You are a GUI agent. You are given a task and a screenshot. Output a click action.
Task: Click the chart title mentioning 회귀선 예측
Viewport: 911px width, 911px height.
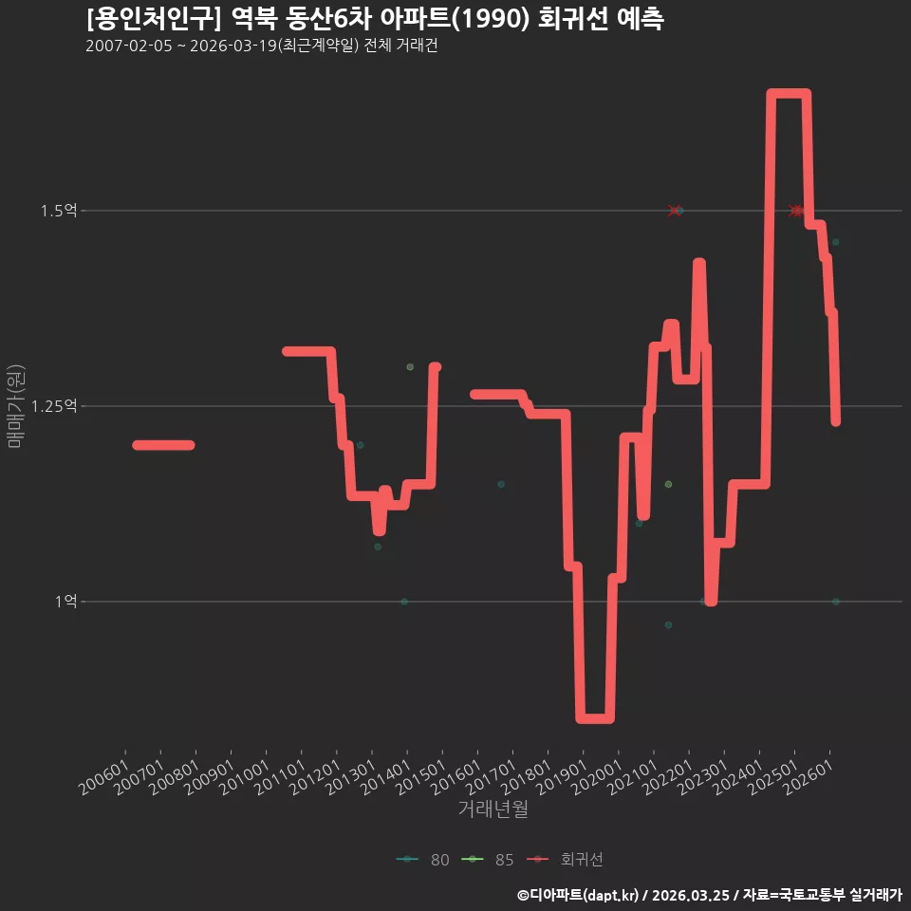(x=376, y=19)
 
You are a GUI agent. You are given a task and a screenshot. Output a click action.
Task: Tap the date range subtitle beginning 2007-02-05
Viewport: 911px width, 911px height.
(x=262, y=46)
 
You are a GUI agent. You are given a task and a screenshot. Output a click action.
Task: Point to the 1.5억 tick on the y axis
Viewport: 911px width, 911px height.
(x=59, y=211)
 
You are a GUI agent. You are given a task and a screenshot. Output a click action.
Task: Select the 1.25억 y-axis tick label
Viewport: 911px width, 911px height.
(x=54, y=405)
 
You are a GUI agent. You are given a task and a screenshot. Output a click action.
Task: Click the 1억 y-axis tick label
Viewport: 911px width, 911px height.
(x=66, y=601)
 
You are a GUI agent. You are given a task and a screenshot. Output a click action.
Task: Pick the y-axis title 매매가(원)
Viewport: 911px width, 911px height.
(x=16, y=406)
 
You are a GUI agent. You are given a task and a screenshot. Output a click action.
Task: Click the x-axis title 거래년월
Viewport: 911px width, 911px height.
(x=493, y=809)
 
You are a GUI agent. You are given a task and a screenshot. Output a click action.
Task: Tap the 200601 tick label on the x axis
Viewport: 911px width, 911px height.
(x=104, y=777)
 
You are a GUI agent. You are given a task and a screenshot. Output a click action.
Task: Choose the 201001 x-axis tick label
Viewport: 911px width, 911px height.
(x=245, y=777)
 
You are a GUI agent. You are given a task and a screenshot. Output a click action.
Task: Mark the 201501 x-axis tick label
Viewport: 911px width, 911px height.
(x=420, y=777)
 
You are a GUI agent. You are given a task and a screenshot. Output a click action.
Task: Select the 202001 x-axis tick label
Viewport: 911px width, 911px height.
(x=597, y=777)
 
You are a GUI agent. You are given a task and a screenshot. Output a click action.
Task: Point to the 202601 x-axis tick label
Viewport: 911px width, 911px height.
(x=809, y=777)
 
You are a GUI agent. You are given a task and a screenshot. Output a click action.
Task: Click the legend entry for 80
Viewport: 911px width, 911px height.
(x=423, y=860)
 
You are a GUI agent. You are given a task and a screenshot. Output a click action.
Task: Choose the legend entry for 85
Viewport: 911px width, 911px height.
(x=488, y=860)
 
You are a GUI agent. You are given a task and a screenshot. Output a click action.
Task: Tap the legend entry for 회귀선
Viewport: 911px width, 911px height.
(x=565, y=860)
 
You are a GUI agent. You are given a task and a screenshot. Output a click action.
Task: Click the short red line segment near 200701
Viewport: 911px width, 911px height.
(x=164, y=445)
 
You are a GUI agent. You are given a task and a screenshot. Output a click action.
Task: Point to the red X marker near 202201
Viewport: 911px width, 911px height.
(x=674, y=211)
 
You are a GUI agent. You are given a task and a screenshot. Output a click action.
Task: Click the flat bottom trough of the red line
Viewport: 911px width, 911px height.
(x=594, y=718)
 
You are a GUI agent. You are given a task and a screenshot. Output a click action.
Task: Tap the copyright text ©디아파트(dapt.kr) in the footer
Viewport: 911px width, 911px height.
(x=578, y=895)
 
